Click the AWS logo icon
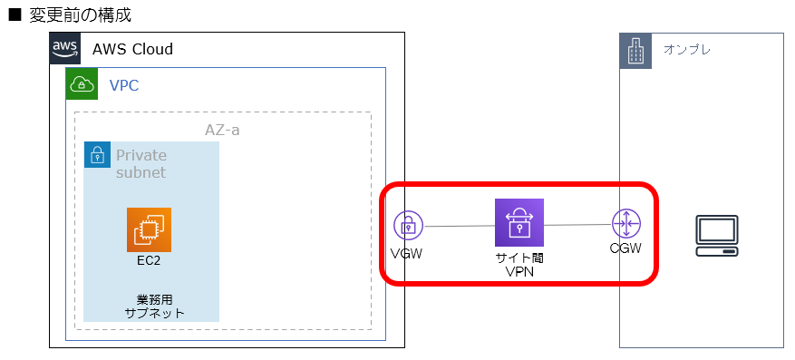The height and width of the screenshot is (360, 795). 64,48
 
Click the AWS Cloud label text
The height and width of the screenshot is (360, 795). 132,49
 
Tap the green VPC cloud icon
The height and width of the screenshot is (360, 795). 82,84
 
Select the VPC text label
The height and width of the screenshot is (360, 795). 124,85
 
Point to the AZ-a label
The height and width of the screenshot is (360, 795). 222,130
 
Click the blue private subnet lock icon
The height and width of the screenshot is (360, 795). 97,155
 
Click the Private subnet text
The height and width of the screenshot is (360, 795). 141,163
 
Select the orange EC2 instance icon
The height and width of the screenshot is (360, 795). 149,229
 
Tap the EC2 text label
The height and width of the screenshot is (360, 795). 149,261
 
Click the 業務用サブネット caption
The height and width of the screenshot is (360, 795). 153,306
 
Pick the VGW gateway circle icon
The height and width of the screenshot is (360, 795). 409,226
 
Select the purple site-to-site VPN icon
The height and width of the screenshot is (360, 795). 519,222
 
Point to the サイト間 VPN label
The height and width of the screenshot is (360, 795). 519,265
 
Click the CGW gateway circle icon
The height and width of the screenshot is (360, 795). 625,223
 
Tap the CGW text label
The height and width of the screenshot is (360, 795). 625,248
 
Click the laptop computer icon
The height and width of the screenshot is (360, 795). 716,234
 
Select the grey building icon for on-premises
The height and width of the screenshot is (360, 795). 635,51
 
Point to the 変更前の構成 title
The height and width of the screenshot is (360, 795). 80,15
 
